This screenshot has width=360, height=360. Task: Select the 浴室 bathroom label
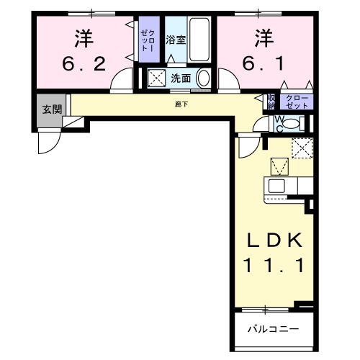[176, 40]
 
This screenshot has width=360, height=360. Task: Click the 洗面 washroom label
[181, 78]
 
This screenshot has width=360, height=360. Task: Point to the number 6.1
[264, 63]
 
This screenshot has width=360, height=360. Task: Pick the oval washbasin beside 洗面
[204, 78]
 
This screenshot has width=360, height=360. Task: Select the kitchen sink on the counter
[277, 185]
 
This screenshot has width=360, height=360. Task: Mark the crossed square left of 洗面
[156, 78]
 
